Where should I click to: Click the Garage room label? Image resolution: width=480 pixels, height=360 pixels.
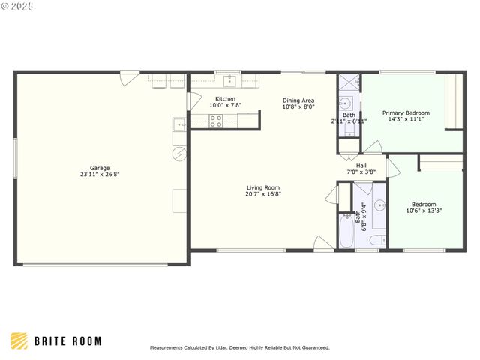click(100, 168)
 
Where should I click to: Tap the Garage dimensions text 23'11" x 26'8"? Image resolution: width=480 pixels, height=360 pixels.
click(100, 174)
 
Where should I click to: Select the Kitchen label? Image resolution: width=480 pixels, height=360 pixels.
click(225, 99)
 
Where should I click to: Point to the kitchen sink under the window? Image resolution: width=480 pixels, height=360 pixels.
click(229, 82)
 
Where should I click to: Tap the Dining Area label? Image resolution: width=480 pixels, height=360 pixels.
click(298, 100)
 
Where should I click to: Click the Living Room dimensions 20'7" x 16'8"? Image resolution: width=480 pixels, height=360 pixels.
click(263, 194)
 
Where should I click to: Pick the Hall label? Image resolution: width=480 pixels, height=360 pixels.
click(361, 166)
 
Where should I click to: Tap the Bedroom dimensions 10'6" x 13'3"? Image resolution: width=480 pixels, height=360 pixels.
click(424, 211)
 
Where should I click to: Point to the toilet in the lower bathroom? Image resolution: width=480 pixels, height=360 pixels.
click(378, 240)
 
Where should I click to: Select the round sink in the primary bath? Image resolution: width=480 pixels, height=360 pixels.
click(347, 104)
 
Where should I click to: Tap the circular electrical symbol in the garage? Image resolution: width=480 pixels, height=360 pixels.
click(179, 154)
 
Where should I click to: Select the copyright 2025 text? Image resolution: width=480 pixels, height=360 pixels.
click(18, 6)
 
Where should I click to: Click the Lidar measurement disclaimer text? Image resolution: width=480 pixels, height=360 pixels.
click(239, 347)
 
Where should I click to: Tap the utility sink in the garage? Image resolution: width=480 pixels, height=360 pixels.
click(179, 124)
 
